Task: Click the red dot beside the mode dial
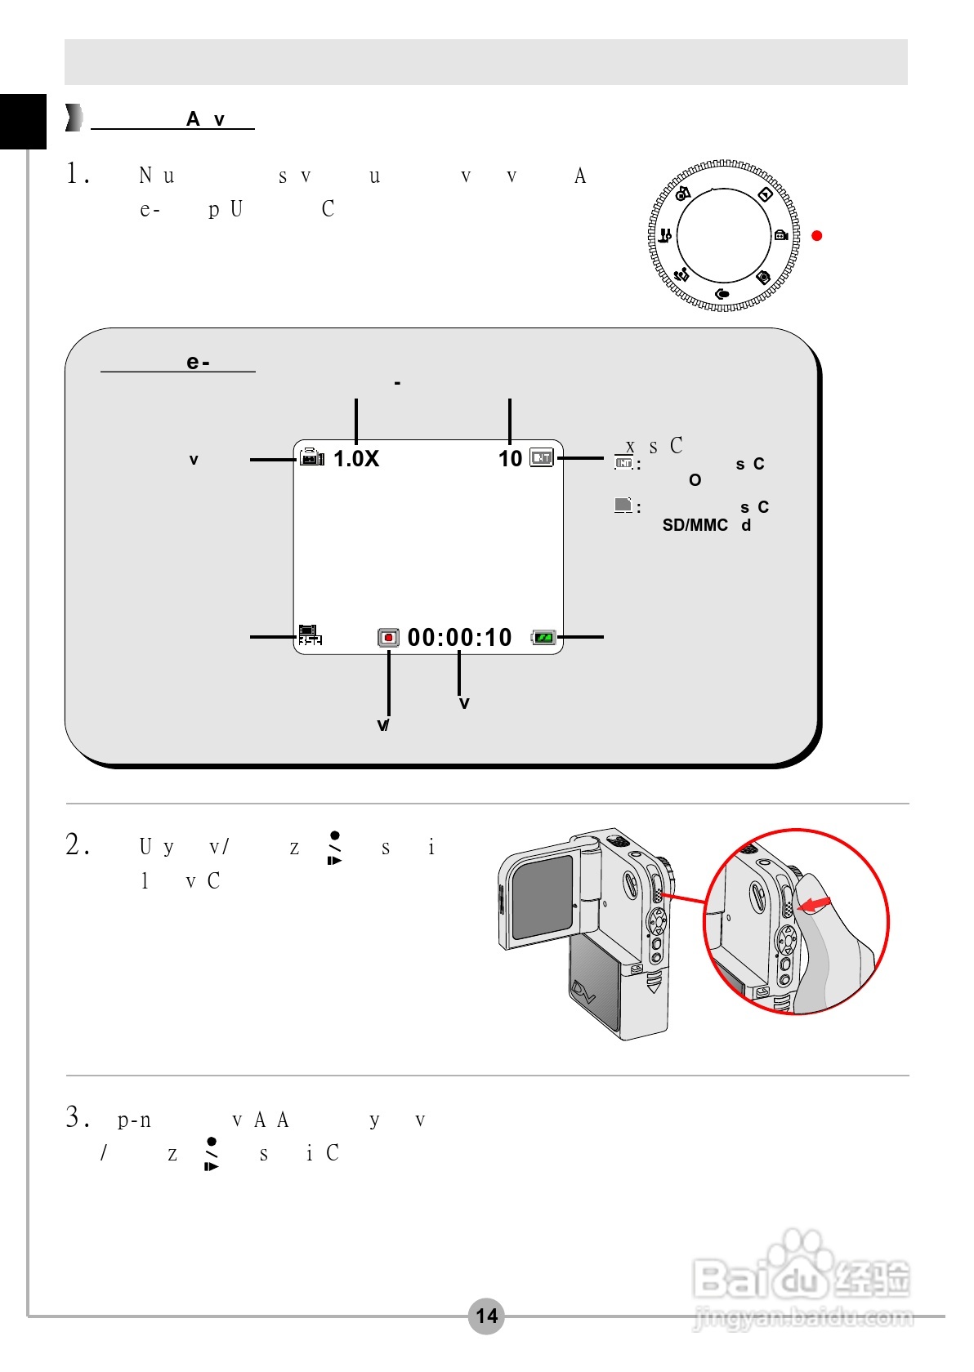click(816, 236)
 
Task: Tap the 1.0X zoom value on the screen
click(356, 459)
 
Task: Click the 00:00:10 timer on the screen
click(459, 638)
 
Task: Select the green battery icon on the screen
click(543, 638)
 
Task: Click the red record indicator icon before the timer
click(388, 638)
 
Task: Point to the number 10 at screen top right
click(510, 459)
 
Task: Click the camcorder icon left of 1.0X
click(311, 458)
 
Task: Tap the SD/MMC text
click(695, 525)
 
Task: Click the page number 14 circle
click(486, 1316)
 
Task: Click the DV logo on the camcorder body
click(585, 991)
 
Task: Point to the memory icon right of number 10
click(541, 458)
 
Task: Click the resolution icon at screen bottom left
click(310, 635)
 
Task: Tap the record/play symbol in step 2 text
click(334, 849)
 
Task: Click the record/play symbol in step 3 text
click(212, 1154)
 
